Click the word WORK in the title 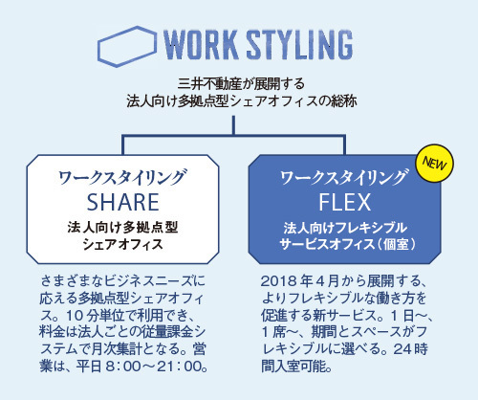[x=201, y=45]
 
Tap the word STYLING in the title [x=300, y=45]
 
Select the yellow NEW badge [x=434, y=164]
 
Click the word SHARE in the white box [x=123, y=202]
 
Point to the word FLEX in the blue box [x=345, y=202]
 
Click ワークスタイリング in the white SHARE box [x=121, y=177]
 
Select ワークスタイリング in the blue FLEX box [x=343, y=177]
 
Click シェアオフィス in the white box [x=122, y=245]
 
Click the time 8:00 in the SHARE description [x=123, y=367]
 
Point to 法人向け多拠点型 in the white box [x=122, y=228]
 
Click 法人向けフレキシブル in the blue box [x=345, y=228]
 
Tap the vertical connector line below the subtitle [x=233, y=125]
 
